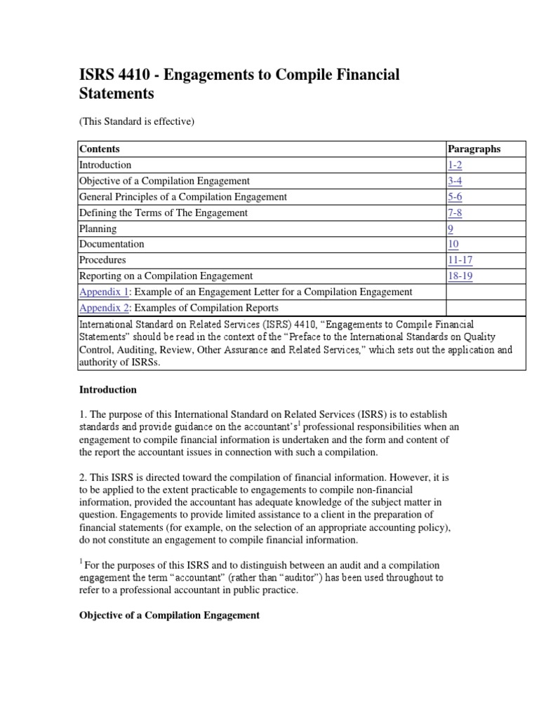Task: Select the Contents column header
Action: point(100,149)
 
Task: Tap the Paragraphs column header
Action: point(474,149)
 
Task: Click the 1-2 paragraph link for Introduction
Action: point(455,165)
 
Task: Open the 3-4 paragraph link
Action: point(455,181)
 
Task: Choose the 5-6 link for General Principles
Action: point(455,196)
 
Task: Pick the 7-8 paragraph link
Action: point(455,212)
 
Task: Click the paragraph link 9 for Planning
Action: point(451,229)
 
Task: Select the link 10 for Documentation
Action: point(453,244)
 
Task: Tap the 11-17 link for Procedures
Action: point(460,260)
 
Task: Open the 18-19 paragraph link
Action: point(460,276)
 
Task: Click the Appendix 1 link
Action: point(104,292)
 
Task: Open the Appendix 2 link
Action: point(104,308)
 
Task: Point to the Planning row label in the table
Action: point(98,229)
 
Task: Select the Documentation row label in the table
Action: point(112,244)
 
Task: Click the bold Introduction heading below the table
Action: point(107,389)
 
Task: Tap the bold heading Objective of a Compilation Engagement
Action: point(168,615)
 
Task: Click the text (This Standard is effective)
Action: point(135,121)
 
